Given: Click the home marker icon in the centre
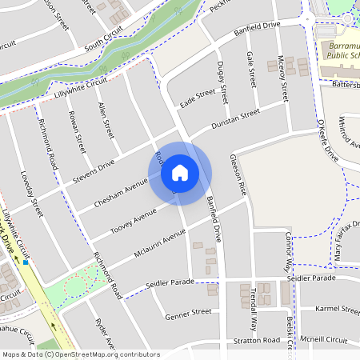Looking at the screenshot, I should (x=180, y=172).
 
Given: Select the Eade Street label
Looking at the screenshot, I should (x=198, y=97).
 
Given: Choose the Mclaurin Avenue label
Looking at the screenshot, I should (x=160, y=242).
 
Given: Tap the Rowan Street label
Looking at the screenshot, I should (x=78, y=133).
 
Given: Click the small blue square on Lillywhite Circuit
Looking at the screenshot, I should (x=26, y=262).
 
